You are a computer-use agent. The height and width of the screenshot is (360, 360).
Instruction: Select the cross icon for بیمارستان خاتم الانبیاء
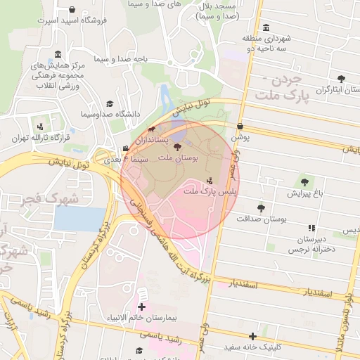coord(142,307)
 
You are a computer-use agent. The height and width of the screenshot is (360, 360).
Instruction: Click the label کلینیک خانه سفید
coord(252,347)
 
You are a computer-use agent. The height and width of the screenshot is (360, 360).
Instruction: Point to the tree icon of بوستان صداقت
coord(262,208)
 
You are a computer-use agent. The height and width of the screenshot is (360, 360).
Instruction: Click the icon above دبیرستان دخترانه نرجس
coord(311,228)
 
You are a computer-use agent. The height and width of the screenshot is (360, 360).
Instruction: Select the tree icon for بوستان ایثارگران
coord(341,79)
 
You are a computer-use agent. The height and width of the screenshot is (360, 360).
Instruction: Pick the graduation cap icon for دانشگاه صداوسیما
coord(109,103)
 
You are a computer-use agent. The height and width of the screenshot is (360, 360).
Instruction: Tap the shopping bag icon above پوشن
coord(240,127)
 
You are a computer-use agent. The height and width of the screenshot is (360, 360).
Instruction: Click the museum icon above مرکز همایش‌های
coord(58,55)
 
